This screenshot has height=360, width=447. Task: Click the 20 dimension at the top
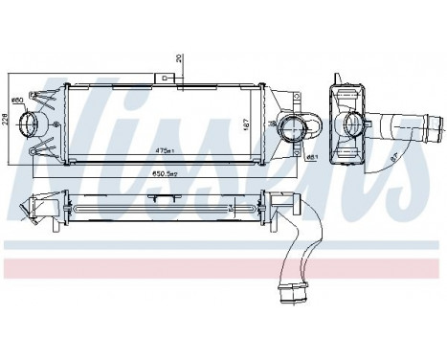click(178, 56)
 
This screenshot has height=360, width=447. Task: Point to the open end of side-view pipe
click(436, 125)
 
